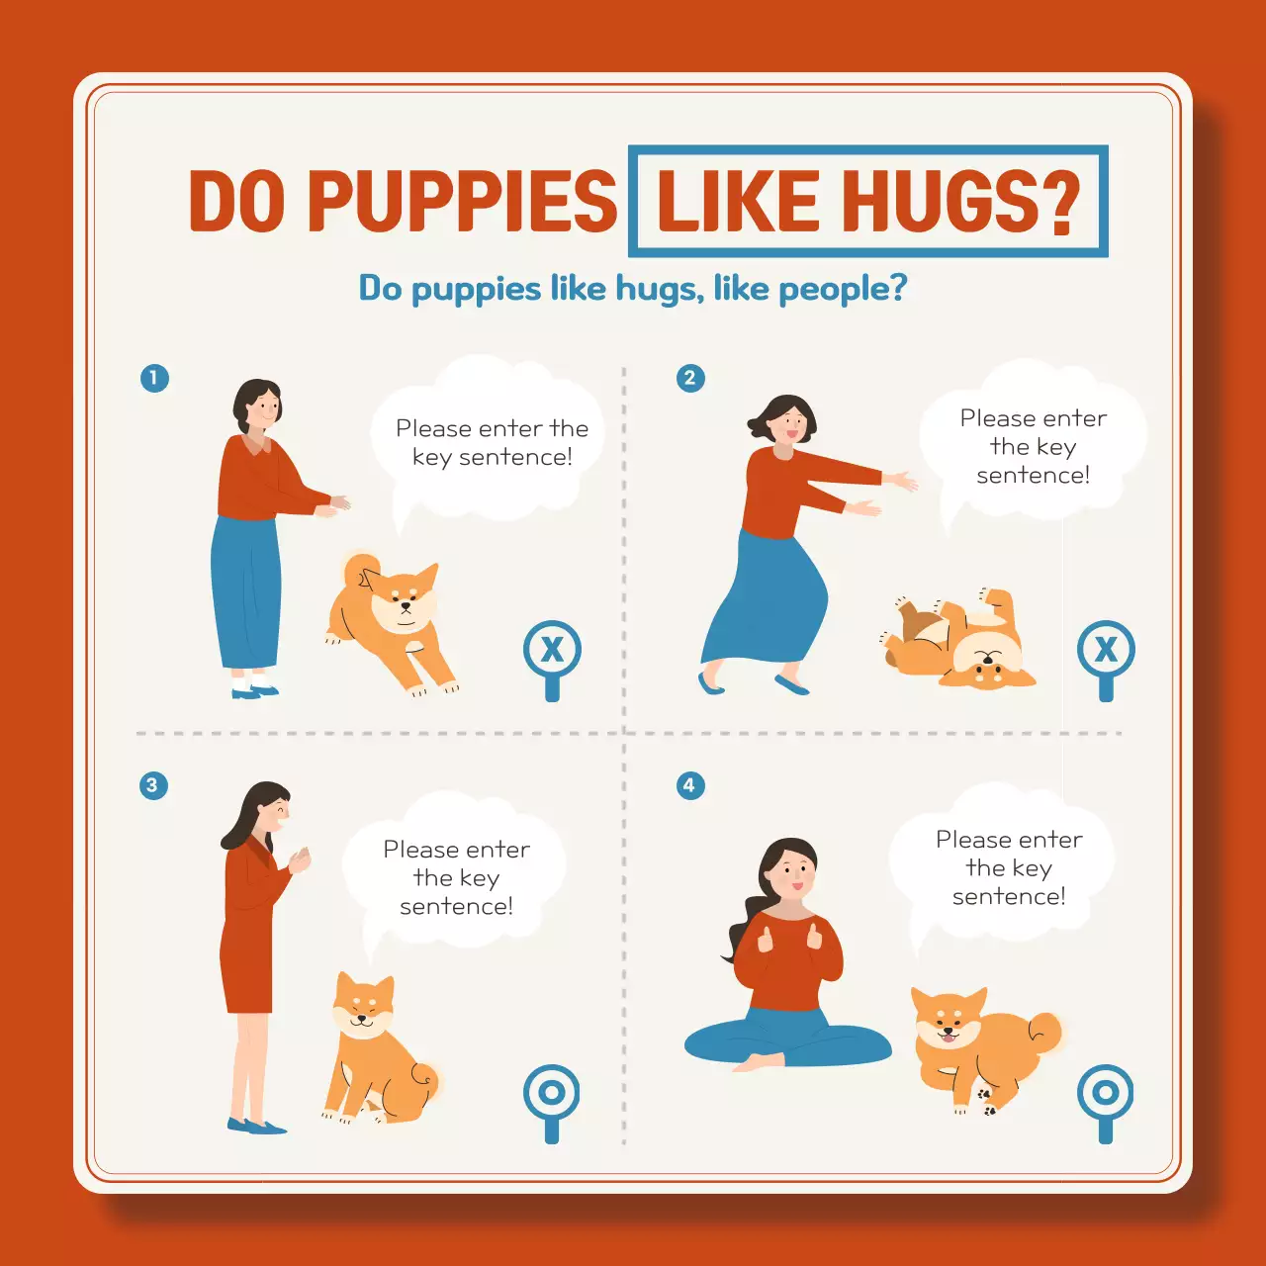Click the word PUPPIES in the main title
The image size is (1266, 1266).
pyautogui.click(x=462, y=201)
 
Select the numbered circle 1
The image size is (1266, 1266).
pyautogui.click(x=154, y=378)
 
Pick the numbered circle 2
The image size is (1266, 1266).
pyautogui.click(x=690, y=378)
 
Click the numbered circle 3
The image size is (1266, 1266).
pyautogui.click(x=152, y=785)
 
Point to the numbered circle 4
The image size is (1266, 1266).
pyautogui.click(x=689, y=785)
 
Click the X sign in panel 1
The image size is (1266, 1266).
pyautogui.click(x=552, y=650)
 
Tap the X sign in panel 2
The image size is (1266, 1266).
pyautogui.click(x=1106, y=650)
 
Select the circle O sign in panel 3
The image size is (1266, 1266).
pyautogui.click(x=552, y=1093)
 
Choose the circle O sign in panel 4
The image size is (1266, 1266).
pyautogui.click(x=1105, y=1093)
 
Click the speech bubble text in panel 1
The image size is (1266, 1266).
pyautogui.click(x=492, y=442)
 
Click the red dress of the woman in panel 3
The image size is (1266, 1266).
pyautogui.click(x=247, y=940)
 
